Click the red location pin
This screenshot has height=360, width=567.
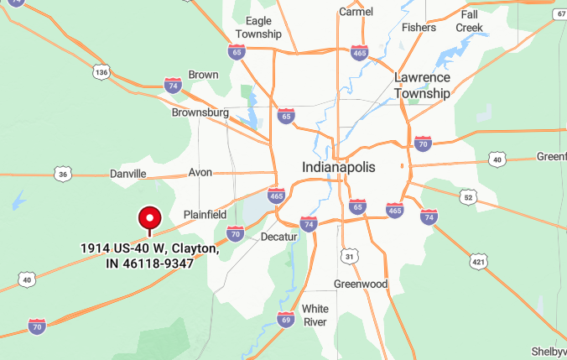pos(150,219)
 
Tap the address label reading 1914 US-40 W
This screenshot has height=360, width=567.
pos(150,256)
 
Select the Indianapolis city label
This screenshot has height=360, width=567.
pos(339,167)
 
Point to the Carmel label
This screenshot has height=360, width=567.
pos(356,12)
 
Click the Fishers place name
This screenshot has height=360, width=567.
pos(419,27)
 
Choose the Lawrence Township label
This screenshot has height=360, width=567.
pos(423,86)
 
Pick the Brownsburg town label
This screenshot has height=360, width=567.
pos(200,112)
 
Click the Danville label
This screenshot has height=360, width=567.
pos(128,174)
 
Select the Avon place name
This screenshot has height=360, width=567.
pos(200,172)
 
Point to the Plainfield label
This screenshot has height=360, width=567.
pos(205,214)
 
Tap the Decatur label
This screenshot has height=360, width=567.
pos(279,237)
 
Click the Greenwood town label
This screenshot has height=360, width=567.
pos(362,284)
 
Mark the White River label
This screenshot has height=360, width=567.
pos(315,315)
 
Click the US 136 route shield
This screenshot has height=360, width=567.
pos(102,73)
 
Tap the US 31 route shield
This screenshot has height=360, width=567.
pos(350,255)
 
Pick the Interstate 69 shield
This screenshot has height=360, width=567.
pos(286,320)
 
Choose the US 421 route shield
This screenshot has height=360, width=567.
pos(479,261)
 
